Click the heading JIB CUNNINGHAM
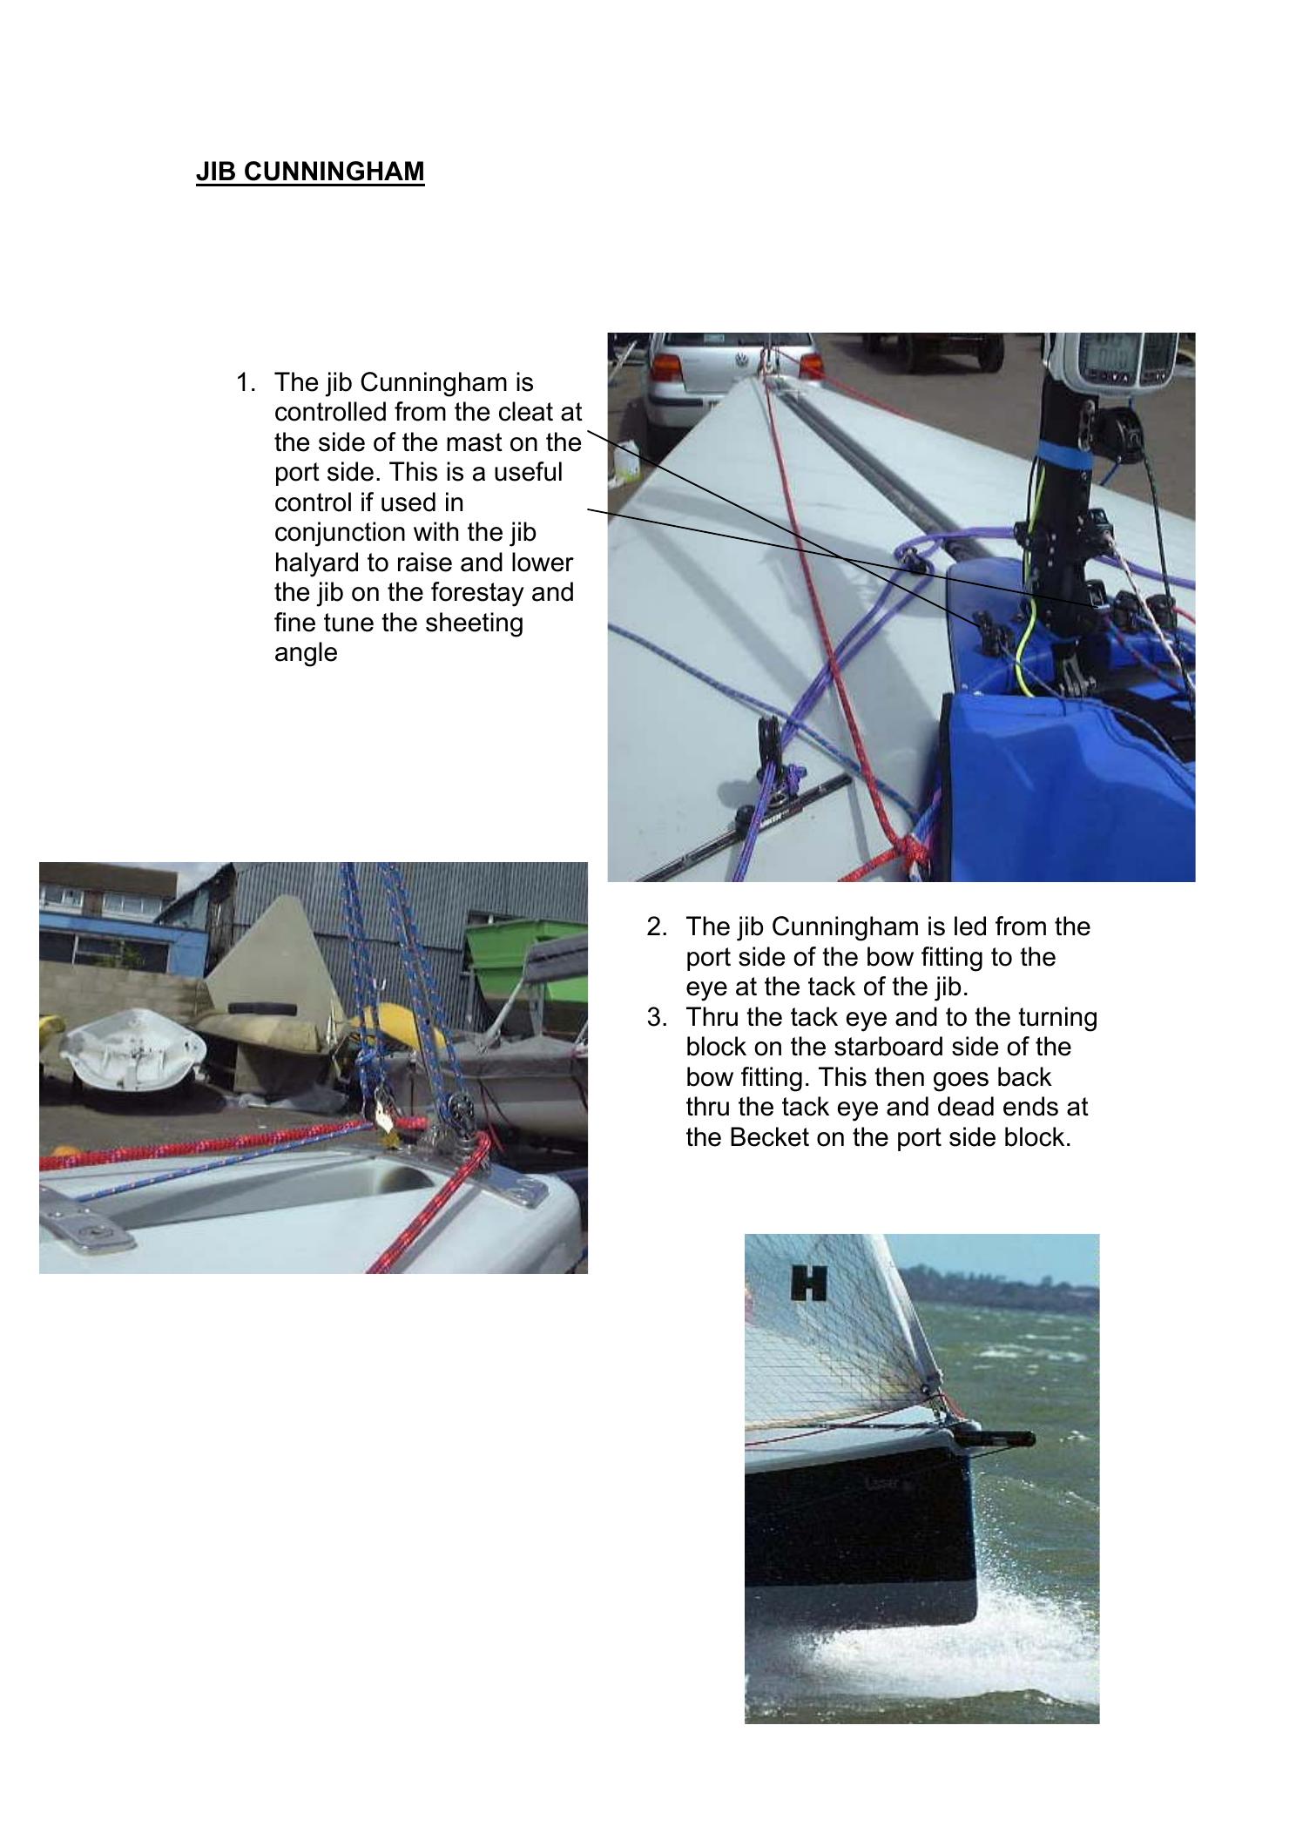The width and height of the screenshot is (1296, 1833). [310, 172]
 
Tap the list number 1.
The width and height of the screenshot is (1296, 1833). [246, 382]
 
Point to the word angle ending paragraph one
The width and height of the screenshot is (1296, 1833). [305, 652]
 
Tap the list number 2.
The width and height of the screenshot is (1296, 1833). [656, 927]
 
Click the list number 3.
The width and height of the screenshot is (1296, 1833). [656, 1017]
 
